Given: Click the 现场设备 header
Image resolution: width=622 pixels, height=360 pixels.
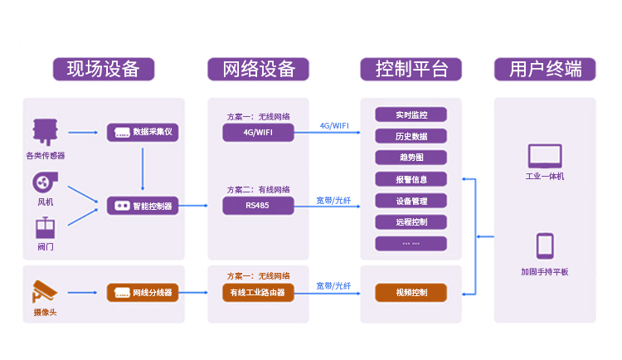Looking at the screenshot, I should tap(103, 69).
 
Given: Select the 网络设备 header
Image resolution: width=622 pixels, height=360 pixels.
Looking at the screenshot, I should tap(258, 69).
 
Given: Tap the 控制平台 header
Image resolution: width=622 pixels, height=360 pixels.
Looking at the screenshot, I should tap(411, 69).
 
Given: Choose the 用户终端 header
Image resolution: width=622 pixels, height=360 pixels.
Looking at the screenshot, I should tap(545, 69).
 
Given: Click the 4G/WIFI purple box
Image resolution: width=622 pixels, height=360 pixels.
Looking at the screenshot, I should tap(258, 133).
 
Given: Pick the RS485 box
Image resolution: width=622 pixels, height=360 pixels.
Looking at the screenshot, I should tap(258, 206).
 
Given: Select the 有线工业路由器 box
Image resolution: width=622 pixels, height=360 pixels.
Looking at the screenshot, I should tap(258, 292).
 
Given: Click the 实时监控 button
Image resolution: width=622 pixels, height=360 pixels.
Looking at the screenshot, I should tap(411, 114).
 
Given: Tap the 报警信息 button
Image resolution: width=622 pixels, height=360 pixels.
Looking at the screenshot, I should tap(411, 179).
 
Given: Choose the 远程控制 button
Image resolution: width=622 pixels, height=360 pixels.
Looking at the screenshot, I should tap(411, 222).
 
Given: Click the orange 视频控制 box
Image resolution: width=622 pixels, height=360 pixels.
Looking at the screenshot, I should tap(411, 292).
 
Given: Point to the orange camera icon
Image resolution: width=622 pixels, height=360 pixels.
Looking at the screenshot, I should tap(45, 291).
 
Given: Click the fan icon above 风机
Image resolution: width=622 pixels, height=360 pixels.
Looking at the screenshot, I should tap(45, 182).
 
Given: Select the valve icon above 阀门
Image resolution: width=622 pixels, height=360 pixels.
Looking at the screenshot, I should tap(45, 226).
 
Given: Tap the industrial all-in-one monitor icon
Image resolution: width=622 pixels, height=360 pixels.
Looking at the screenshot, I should tap(545, 156).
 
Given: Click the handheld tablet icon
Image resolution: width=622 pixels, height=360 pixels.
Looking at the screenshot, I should tap(545, 246).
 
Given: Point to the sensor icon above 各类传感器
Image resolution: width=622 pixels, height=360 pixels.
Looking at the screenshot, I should tap(45, 132).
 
